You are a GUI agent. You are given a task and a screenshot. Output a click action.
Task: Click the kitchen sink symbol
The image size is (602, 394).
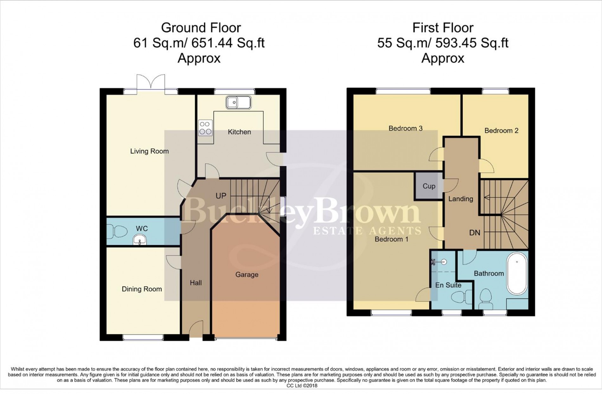(x=239, y=103)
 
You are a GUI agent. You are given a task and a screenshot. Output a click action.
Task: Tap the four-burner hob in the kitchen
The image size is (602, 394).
(x=205, y=128)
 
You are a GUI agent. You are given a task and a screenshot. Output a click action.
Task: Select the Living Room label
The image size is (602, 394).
(x=149, y=151)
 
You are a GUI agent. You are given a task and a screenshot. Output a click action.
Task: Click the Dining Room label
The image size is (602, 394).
(x=142, y=289)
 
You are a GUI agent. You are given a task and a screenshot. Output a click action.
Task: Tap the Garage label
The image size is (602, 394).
(x=247, y=275)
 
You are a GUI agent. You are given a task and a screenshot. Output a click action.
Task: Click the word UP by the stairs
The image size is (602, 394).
(x=221, y=196)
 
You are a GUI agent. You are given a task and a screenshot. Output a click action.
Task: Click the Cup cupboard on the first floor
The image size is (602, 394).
(x=429, y=186)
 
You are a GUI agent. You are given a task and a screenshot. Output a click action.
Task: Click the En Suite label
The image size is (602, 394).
(x=448, y=285)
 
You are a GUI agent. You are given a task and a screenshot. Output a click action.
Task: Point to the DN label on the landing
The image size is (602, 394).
(x=474, y=233)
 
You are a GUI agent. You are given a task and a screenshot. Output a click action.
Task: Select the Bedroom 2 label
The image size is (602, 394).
(x=501, y=130)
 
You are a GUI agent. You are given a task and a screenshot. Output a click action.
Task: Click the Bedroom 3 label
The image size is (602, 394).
(x=406, y=128)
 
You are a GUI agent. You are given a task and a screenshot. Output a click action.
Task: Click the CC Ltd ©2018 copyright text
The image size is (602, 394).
(x=302, y=386)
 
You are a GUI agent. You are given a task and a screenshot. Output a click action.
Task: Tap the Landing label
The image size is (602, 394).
(x=460, y=199)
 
